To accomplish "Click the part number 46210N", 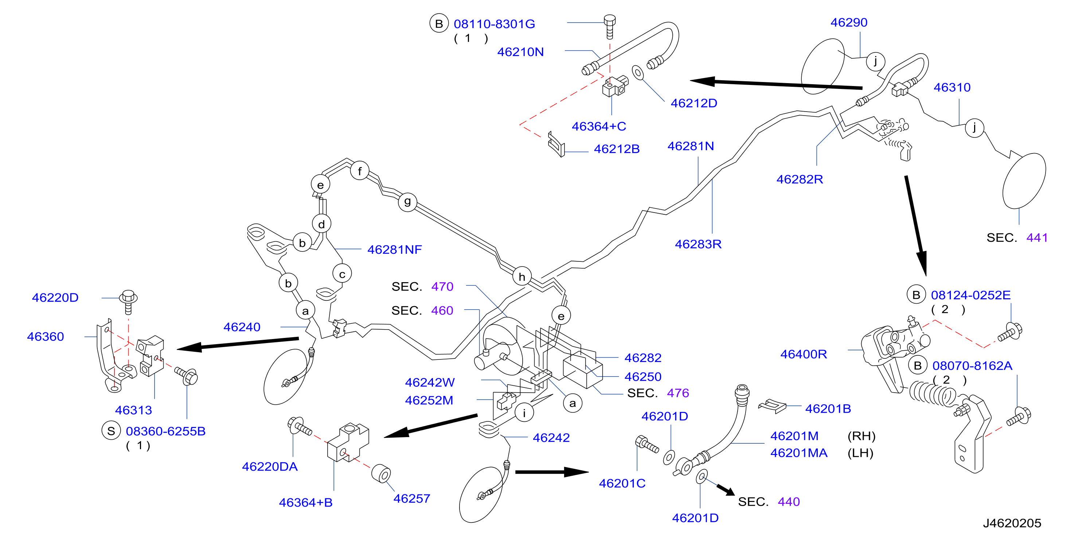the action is (520, 52).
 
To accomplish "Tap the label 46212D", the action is (694, 103).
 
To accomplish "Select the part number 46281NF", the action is (394, 249).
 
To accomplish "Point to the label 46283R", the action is (698, 244).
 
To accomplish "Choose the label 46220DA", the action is (270, 466).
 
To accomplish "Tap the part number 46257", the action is (411, 498).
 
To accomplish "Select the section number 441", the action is (1037, 237).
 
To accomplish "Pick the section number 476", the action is (678, 393).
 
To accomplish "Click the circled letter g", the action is (407, 202).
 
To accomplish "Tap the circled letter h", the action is (522, 276).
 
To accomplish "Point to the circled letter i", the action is (524, 412).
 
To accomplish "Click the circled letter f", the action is (360, 171).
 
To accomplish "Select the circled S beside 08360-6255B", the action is (111, 431).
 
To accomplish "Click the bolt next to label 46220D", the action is (129, 301).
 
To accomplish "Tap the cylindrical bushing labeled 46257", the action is (381, 474).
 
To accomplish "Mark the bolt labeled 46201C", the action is (647, 444).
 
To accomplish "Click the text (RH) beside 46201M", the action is (861, 436).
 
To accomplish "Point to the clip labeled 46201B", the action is (772, 406).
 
